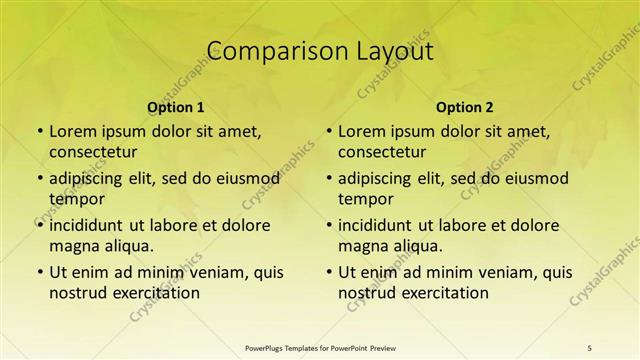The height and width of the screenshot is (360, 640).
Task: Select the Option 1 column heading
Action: coord(176,107)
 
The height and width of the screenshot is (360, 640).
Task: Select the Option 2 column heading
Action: coord(465,107)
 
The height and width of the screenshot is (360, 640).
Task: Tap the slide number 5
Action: coord(590,347)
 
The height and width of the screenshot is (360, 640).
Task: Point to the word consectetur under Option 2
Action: coord(382,152)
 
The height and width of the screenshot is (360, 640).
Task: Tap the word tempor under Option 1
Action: coord(73,199)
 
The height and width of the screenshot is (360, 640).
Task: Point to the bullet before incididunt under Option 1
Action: coord(39,225)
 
